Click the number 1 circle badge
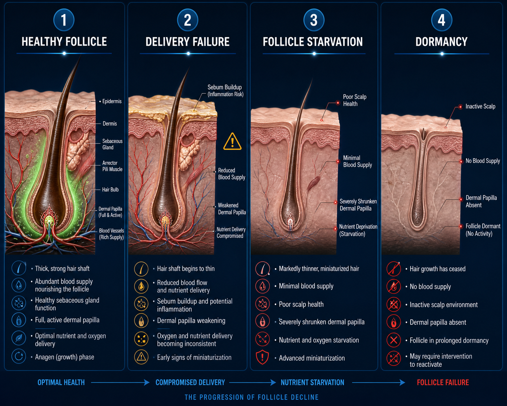[x=64, y=20]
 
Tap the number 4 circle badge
[x=442, y=20]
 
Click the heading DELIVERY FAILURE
[x=187, y=42]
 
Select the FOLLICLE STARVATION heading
[x=313, y=42]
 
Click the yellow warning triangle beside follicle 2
[x=232, y=142]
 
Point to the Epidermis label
[x=112, y=101]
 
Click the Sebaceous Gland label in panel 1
[x=112, y=144]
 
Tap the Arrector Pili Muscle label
[x=112, y=166]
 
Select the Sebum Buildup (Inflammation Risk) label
[x=225, y=90]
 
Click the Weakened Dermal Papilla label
[x=232, y=209]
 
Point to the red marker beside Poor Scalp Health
[x=338, y=103]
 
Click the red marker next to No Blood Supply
[x=461, y=162]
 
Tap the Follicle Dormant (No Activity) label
[x=483, y=230]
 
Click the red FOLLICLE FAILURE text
[x=443, y=382]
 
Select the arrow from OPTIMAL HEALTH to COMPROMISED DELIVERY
[x=120, y=382]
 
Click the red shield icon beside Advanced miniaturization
[x=263, y=357]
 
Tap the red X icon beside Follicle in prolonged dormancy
[x=394, y=340]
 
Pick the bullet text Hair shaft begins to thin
[x=186, y=269]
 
